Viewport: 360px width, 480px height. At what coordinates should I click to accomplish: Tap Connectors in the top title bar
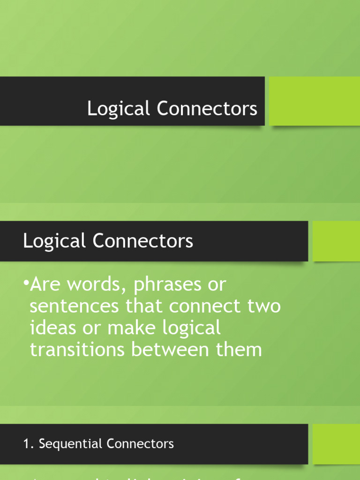207,109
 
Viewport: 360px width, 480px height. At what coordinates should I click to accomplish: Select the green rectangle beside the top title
314,101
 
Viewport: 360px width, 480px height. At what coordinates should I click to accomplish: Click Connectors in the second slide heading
142,241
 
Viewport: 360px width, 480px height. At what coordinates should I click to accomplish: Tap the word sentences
68,307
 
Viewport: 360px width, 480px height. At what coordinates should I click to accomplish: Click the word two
264,307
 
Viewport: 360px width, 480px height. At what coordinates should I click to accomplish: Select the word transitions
76,350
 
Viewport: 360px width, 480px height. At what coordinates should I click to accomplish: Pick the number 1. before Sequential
28,444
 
